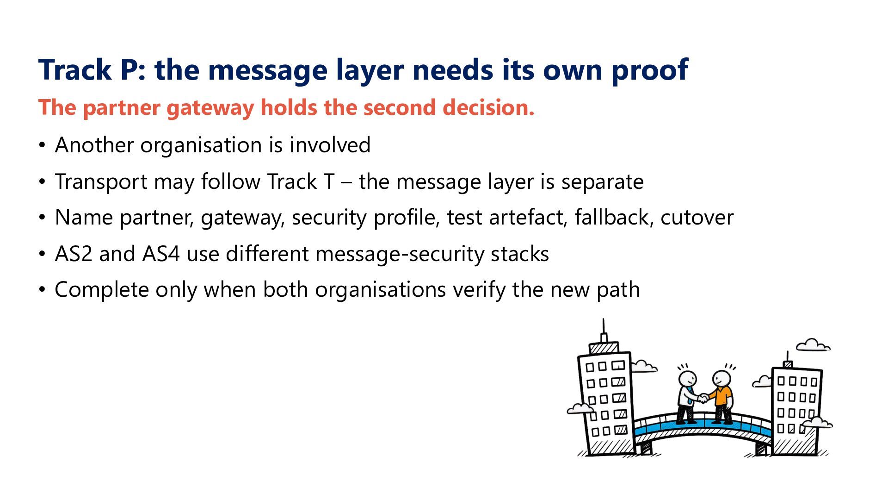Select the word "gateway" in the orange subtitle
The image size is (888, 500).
(x=210, y=108)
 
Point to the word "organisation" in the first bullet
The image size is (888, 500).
(x=202, y=145)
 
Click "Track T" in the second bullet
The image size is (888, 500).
(x=301, y=181)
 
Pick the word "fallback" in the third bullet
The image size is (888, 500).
(x=614, y=217)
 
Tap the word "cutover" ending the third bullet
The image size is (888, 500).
(x=697, y=218)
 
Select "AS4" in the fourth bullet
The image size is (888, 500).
(x=161, y=254)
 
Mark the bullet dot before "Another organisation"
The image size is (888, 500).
(x=43, y=145)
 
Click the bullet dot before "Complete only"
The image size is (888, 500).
(x=43, y=290)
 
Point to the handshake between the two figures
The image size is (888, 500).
(x=703, y=398)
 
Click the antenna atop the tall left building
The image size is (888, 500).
(x=604, y=330)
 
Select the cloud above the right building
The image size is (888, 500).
(x=813, y=345)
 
